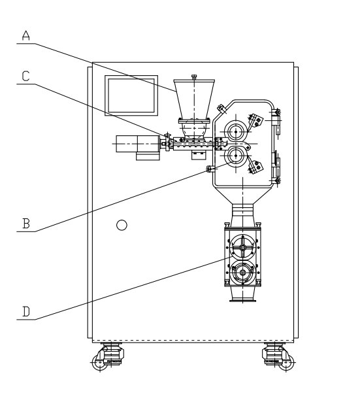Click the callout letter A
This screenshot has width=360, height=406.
coord(26,36)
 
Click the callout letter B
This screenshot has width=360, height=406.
coord(26,224)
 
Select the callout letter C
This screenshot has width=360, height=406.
coord(26,76)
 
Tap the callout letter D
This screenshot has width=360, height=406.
coord(26,311)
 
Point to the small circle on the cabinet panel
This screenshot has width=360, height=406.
coord(122,226)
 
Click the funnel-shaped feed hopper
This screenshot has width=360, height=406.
coord(194,99)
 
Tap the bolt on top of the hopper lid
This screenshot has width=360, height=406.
coord(194,77)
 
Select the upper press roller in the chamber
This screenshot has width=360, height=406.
coord(236,131)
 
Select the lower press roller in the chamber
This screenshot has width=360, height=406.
coord(236,156)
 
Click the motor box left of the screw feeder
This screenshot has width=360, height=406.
coord(138,144)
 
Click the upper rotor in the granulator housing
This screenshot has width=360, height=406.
coord(242,248)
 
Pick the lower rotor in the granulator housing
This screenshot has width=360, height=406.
coord(242,273)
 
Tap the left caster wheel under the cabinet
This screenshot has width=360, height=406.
coord(100,362)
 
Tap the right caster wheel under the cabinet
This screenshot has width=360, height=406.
coord(286,362)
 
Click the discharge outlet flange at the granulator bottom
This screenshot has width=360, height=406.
coord(243,301)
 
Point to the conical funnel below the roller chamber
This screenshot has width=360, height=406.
coord(242,195)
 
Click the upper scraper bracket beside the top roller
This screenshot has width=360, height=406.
coord(255,122)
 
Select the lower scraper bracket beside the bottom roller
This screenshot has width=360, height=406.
coord(255,165)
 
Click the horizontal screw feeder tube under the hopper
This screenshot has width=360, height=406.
coord(194,144)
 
